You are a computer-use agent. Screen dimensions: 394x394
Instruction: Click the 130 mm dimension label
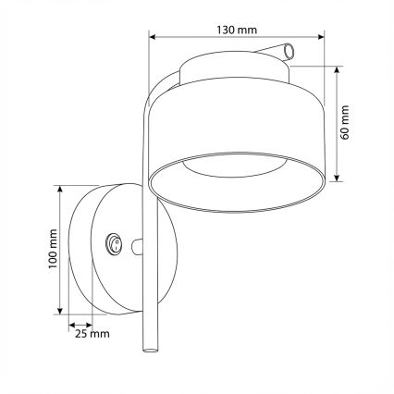236,29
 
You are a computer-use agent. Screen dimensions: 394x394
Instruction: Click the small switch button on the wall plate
114,244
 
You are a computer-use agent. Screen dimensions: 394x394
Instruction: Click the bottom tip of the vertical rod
148,351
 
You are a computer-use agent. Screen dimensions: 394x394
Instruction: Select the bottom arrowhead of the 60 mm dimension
339,178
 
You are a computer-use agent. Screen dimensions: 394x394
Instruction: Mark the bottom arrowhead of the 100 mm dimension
61,311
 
